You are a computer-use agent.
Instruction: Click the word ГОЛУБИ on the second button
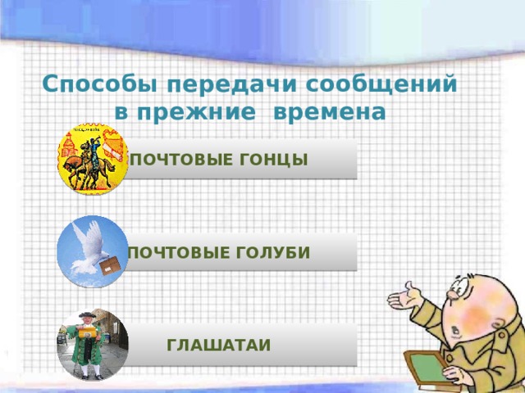tap(272, 252)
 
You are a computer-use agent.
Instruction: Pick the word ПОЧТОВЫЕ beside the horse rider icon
tap(177, 157)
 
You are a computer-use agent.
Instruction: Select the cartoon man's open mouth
tap(456, 332)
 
